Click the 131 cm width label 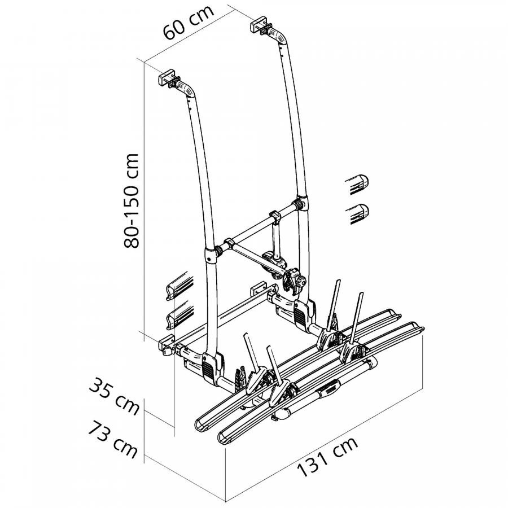point(327,457)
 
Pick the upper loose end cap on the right point(358,184)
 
